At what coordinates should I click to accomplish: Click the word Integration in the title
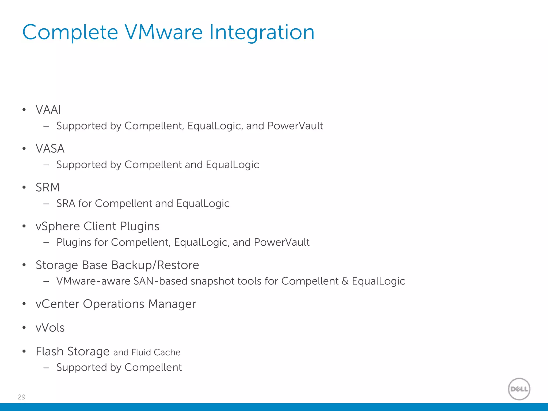[x=261, y=32]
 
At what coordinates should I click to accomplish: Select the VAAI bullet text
[x=48, y=110]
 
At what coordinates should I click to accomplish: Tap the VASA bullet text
[x=50, y=149]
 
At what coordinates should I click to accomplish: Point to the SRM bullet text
[x=48, y=187]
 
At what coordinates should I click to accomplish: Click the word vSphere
[x=58, y=226]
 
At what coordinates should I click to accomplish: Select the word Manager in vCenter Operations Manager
[x=172, y=304]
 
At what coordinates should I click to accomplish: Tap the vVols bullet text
[x=50, y=328]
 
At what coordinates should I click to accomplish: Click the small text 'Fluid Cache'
[x=156, y=352]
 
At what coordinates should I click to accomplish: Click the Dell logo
[x=519, y=389]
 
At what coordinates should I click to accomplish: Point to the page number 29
[x=21, y=397]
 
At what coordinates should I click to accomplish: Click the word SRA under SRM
[x=66, y=203]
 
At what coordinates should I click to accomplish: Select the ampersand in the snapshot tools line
[x=345, y=281]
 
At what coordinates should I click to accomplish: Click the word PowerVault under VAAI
[x=295, y=126]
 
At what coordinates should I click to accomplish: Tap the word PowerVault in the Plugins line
[x=281, y=242]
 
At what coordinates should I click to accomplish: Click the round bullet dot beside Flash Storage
[x=24, y=351]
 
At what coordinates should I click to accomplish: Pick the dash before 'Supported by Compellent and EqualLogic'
[x=46, y=165]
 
